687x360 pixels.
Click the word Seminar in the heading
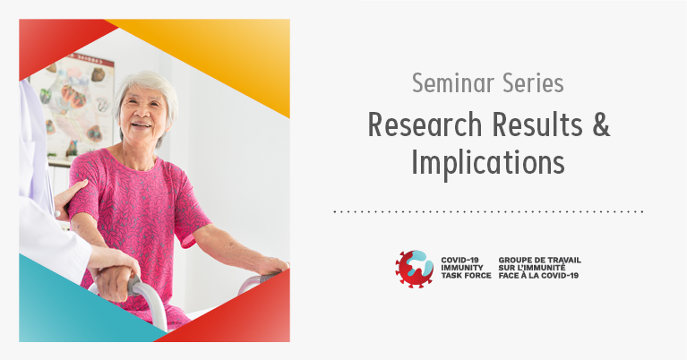[x=453, y=82]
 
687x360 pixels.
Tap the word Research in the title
[x=425, y=124]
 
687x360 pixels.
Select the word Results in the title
[x=537, y=124]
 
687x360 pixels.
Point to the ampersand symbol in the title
[x=601, y=124]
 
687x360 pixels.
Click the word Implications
[x=487, y=163]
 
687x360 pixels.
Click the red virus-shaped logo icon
[x=414, y=269]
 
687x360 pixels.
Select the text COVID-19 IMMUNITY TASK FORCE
[x=466, y=268]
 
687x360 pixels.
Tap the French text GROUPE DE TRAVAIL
[x=540, y=260]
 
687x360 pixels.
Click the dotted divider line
[x=488, y=211]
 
